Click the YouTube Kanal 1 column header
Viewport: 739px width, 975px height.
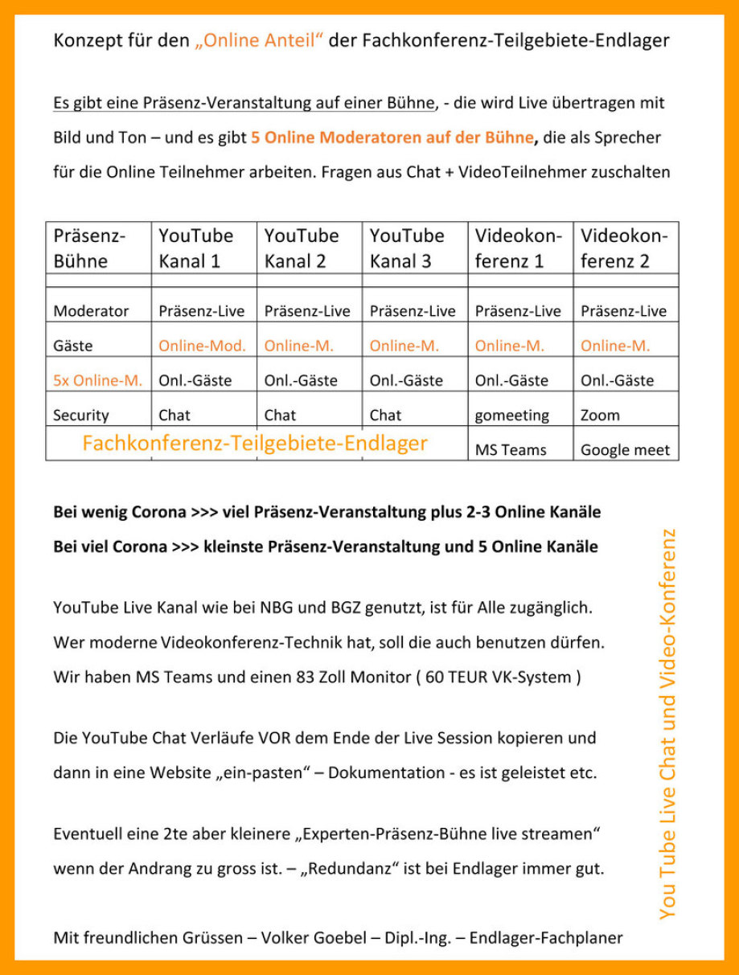click(196, 248)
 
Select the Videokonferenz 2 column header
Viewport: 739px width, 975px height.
click(624, 248)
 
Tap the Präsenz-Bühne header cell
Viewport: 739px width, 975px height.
click(89, 248)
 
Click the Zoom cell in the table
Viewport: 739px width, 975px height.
click(600, 415)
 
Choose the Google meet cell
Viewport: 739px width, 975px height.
click(625, 450)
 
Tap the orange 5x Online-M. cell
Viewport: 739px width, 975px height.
click(97, 380)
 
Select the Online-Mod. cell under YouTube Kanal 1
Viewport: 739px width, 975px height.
click(202, 346)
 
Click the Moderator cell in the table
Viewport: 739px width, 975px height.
click(91, 311)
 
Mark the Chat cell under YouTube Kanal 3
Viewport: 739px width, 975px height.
click(385, 415)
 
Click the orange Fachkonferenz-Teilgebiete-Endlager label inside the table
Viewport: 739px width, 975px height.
click(255, 443)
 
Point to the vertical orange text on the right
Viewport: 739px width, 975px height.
click(667, 723)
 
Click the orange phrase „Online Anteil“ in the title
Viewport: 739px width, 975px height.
click(259, 40)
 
